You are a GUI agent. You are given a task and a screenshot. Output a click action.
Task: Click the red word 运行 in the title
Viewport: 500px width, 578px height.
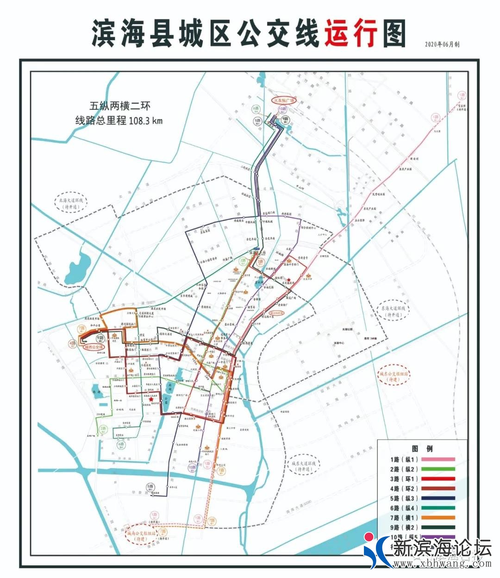350,33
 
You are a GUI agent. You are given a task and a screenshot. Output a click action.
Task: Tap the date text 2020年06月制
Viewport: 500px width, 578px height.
442,44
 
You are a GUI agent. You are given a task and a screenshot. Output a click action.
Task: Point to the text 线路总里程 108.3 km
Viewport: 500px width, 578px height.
120,121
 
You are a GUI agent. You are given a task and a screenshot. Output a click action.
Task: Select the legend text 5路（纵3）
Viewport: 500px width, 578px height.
404,498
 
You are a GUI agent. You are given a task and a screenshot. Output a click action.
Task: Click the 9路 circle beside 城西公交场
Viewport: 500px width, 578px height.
101,339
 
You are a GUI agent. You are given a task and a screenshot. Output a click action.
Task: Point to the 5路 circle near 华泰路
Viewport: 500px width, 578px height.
150,486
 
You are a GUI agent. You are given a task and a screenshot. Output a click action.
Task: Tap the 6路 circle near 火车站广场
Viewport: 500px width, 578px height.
256,109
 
